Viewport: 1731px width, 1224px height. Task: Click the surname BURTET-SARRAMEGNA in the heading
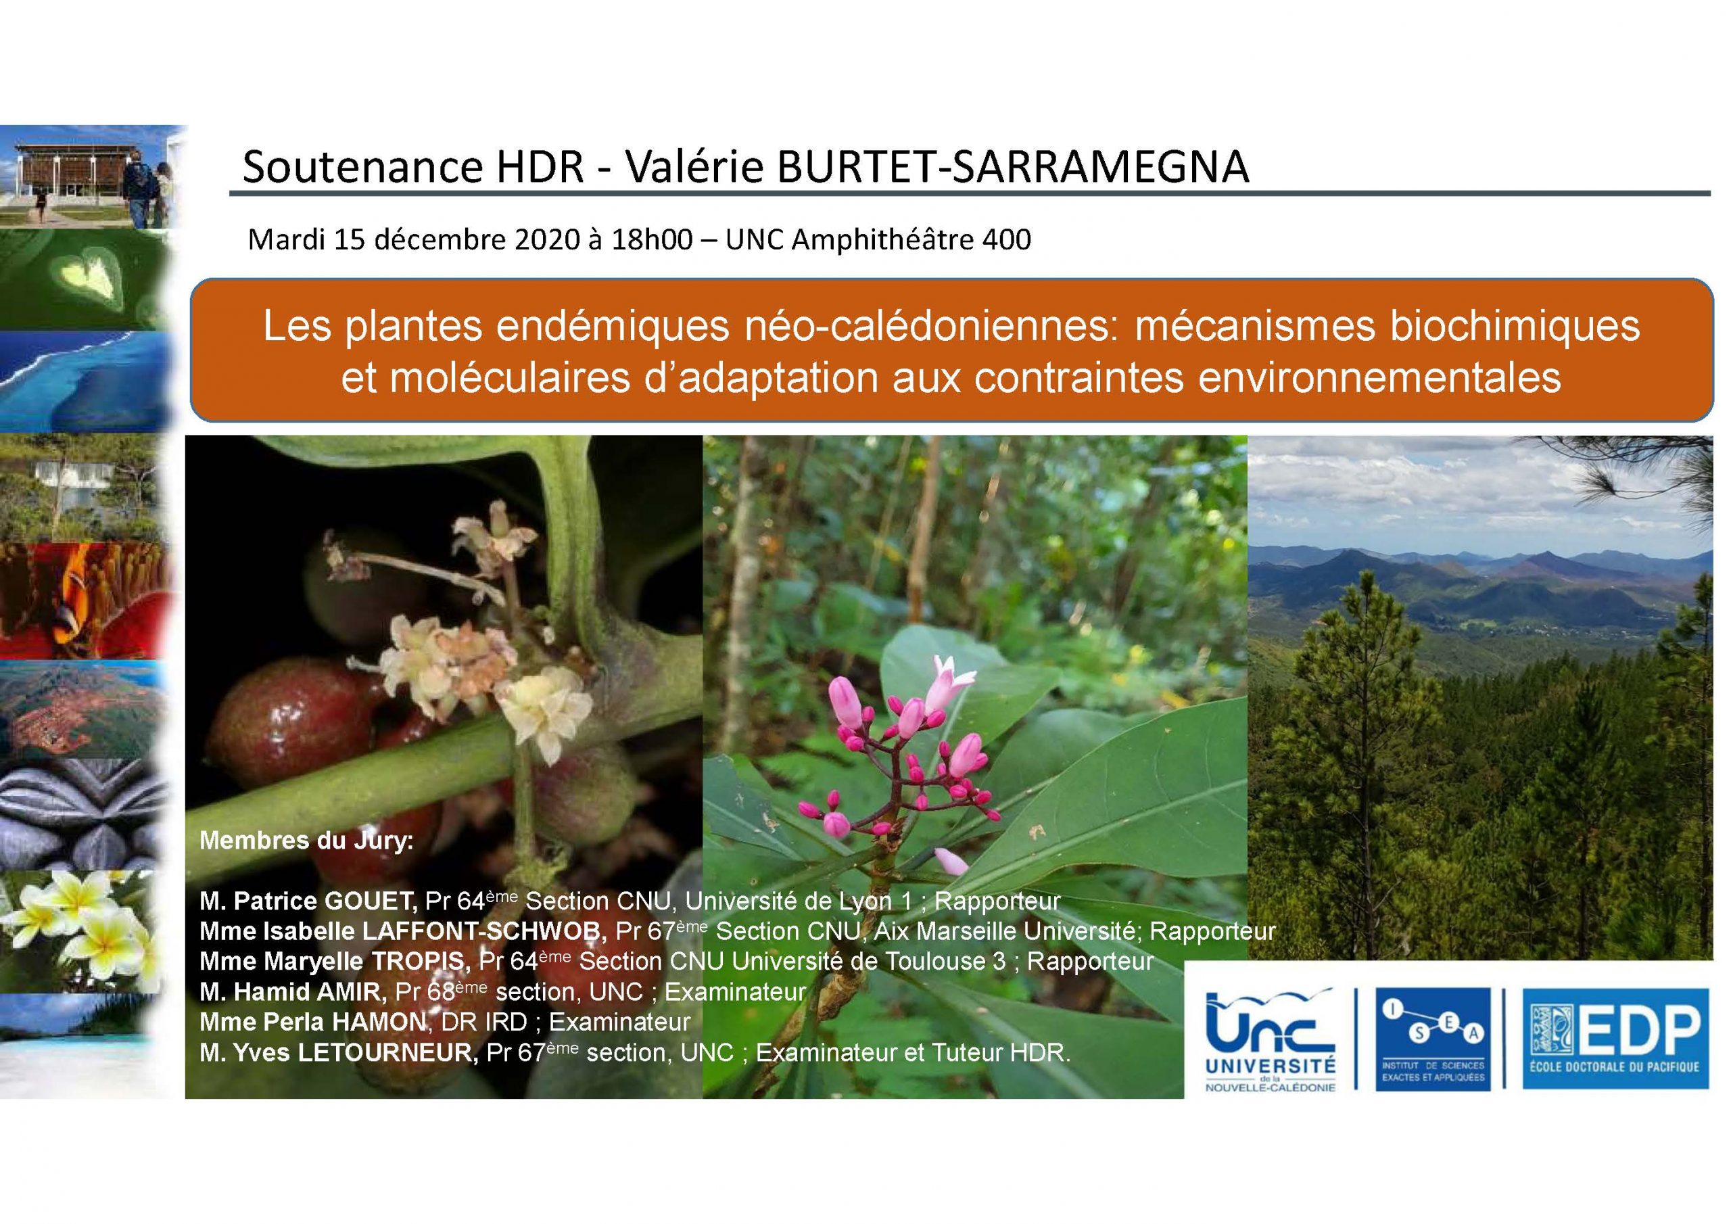click(1014, 168)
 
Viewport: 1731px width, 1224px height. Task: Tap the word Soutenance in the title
click(362, 168)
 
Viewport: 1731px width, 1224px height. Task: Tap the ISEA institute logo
click(1430, 1038)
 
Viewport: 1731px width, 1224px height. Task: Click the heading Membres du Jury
click(306, 841)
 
